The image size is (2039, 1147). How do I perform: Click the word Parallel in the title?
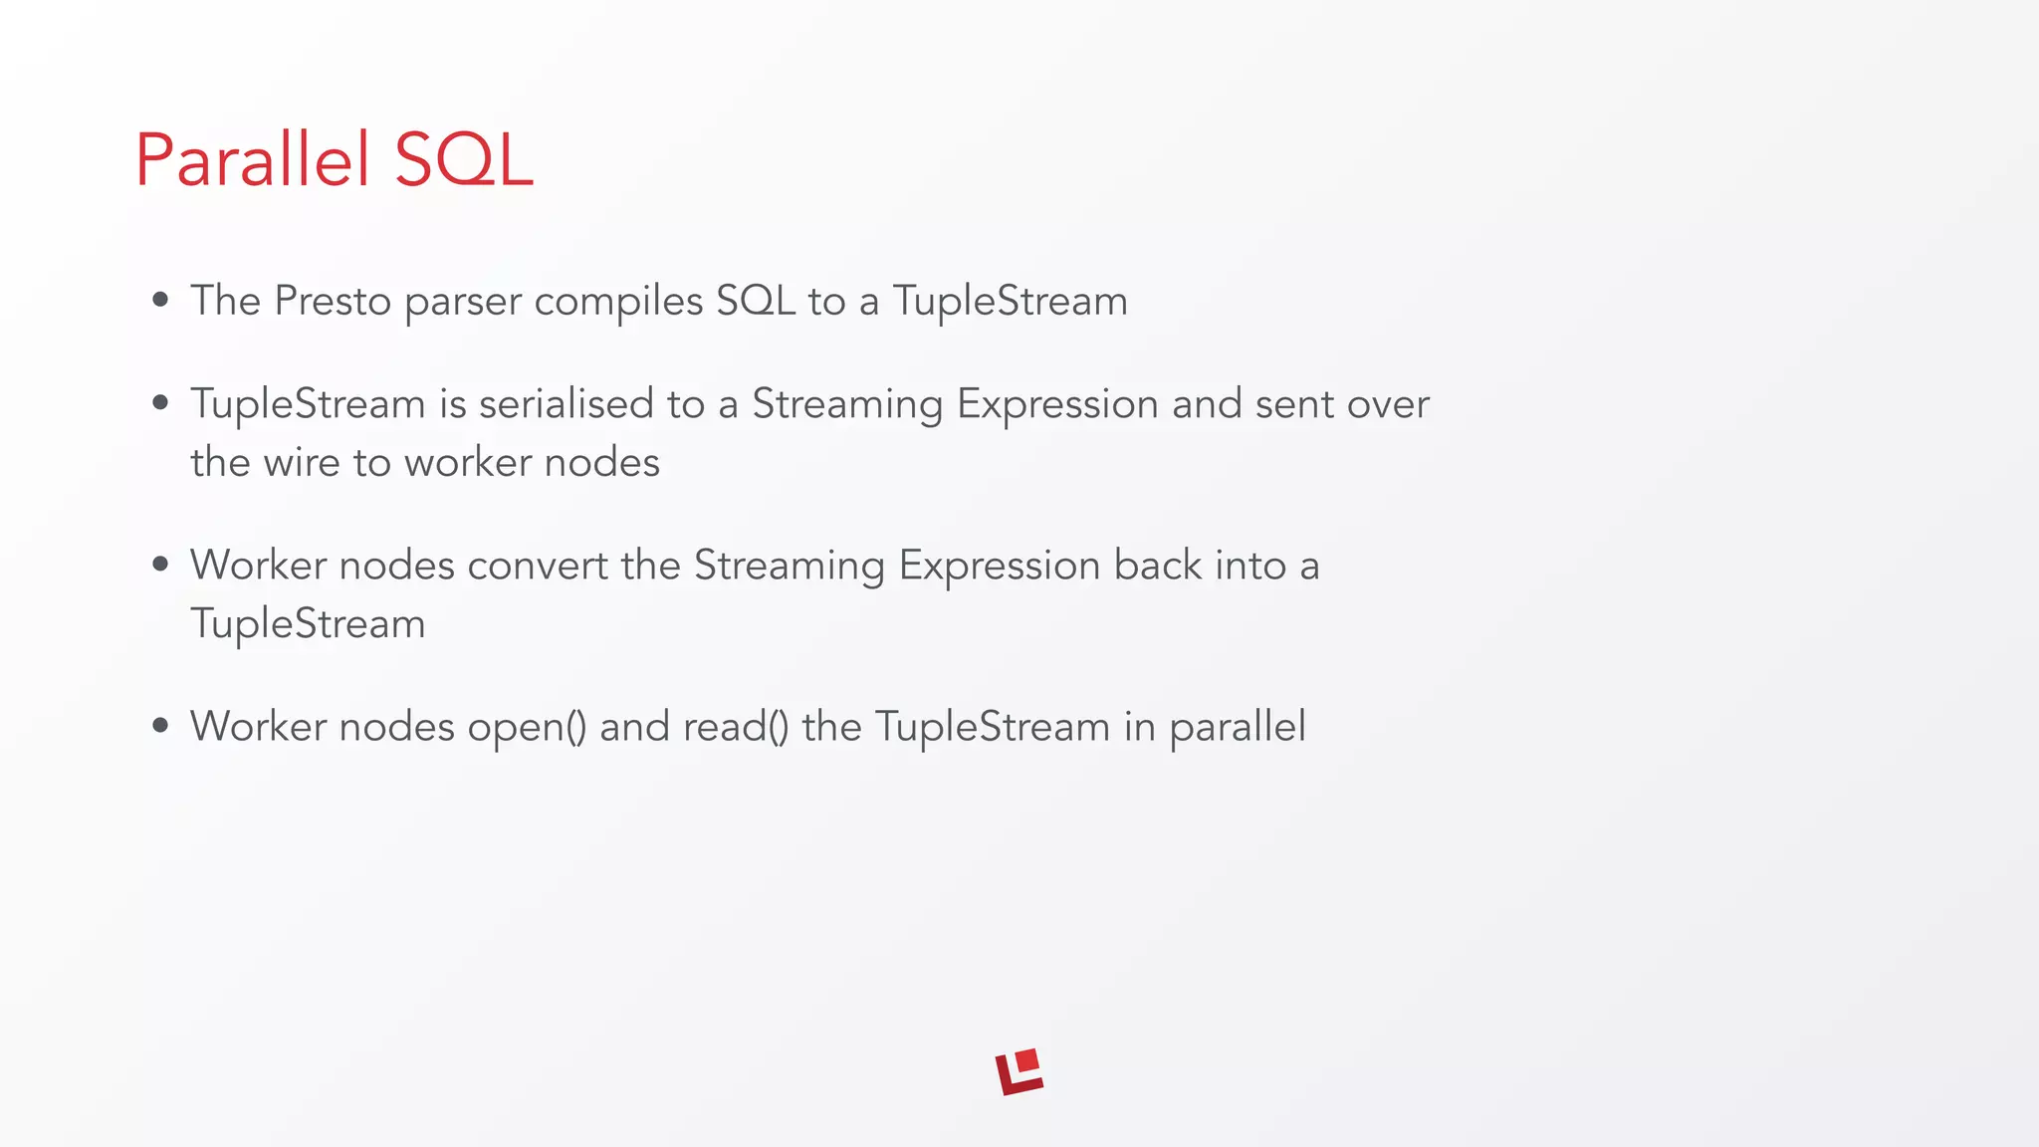pos(253,160)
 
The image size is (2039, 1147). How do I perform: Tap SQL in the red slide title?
pos(464,160)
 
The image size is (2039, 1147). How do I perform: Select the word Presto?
pos(333,301)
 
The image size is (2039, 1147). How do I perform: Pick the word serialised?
pos(566,404)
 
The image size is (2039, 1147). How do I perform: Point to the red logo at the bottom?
pos(1019,1072)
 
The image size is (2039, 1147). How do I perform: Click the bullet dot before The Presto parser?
pos(160,301)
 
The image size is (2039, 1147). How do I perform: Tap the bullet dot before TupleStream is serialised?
pos(160,403)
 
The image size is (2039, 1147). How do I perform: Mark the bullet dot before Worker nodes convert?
pos(160,565)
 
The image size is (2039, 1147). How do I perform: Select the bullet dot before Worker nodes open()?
pos(160,727)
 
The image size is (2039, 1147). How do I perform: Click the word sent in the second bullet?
pos(1294,404)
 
